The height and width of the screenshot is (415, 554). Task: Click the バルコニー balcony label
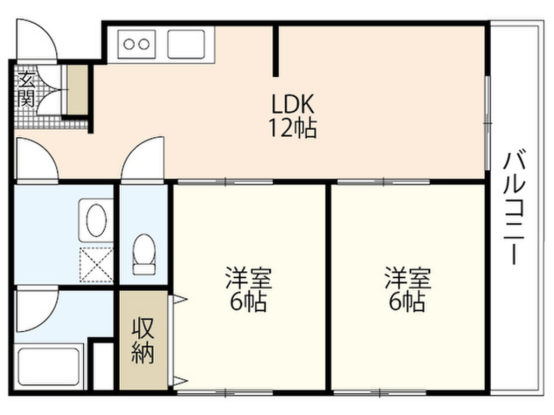[x=514, y=208]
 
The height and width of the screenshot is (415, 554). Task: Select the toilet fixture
[x=144, y=253]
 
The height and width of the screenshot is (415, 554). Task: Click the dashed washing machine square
[x=96, y=264]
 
